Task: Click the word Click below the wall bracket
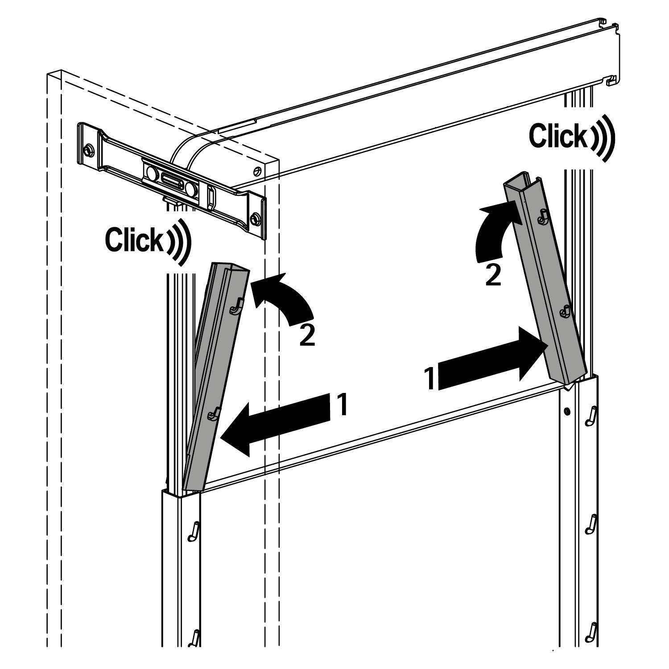click(x=134, y=240)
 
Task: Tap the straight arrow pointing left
click(x=277, y=423)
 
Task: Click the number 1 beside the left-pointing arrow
click(x=341, y=405)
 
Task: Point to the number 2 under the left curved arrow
click(x=307, y=336)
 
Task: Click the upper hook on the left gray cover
click(x=236, y=306)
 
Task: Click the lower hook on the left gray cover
click(x=214, y=414)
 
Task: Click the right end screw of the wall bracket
click(x=256, y=218)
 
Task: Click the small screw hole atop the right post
click(x=566, y=411)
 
